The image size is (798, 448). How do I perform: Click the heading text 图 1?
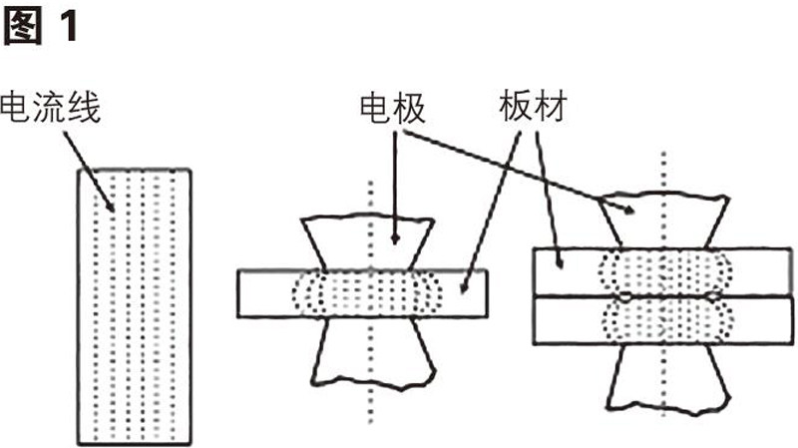click(40, 26)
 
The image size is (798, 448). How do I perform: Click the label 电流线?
click(51, 107)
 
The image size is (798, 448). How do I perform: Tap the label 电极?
click(391, 109)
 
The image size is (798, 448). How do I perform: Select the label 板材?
click(528, 107)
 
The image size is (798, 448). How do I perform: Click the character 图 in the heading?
click(21, 26)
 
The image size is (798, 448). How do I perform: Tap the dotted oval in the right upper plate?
click(663, 271)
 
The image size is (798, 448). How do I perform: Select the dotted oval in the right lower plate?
click(663, 321)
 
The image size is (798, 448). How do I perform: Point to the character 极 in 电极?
click(408, 109)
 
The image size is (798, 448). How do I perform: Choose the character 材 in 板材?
click(545, 107)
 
